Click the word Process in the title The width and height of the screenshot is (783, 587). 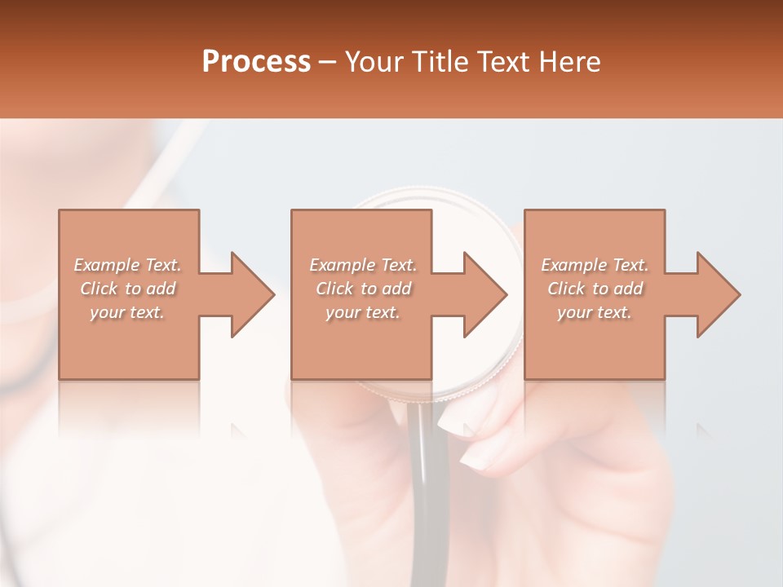(x=256, y=62)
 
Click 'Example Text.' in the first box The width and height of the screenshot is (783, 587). (x=127, y=265)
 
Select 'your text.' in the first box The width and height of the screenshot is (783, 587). (x=127, y=312)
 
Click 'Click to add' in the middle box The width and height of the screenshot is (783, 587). (x=363, y=289)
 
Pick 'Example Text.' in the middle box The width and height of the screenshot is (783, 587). (x=363, y=265)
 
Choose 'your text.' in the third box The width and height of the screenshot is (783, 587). (x=595, y=312)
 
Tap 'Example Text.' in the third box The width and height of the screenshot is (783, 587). (x=595, y=265)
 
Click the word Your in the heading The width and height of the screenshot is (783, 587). (x=375, y=62)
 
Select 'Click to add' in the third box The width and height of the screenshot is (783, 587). (x=595, y=289)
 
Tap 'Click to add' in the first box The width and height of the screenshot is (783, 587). (x=127, y=289)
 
